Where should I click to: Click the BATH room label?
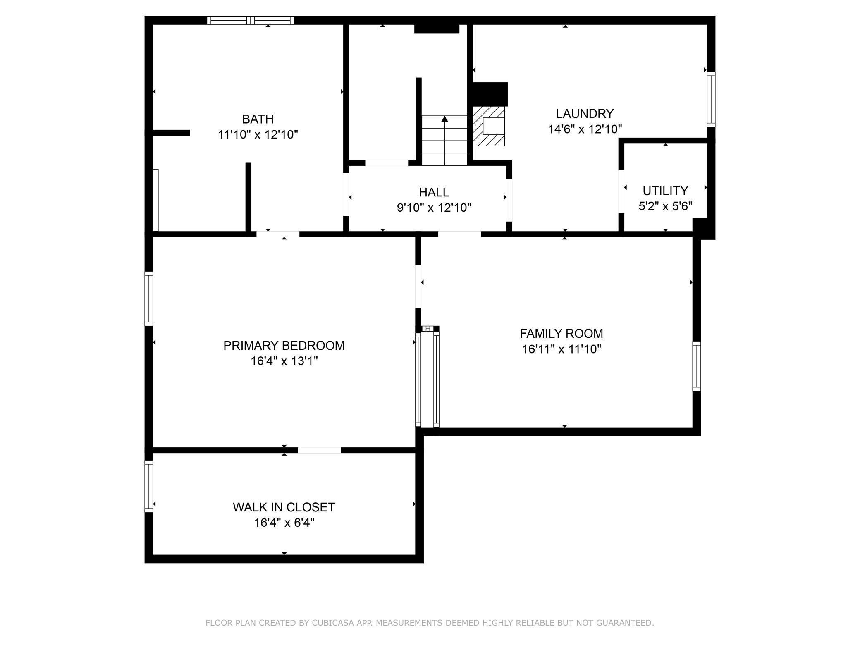[258, 119]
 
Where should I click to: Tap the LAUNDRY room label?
[585, 113]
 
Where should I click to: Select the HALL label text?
[434, 192]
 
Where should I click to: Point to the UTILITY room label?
[665, 191]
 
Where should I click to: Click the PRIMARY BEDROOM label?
[284, 346]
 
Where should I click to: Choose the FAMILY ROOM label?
[561, 333]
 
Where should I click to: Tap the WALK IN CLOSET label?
[284, 507]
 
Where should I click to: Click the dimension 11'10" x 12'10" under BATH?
[258, 134]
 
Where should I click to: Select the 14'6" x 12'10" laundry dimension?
[585, 129]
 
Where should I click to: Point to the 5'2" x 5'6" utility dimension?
[665, 206]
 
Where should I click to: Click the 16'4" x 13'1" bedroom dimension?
[284, 361]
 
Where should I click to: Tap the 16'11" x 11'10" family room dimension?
[561, 349]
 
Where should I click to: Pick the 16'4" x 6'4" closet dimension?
[284, 523]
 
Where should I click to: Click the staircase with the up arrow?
[444, 141]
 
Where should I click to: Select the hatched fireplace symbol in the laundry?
[489, 126]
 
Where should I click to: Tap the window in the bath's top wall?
[251, 20]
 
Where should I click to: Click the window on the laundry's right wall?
[711, 99]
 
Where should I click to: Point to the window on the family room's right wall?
[697, 366]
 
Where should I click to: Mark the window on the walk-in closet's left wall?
[149, 486]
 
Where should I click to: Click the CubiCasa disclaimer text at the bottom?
[430, 623]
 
